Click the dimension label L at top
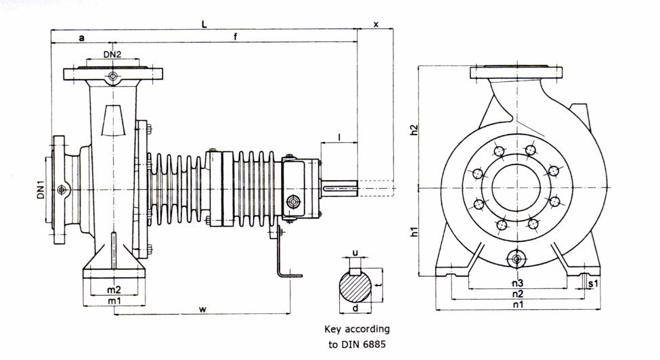click(x=204, y=24)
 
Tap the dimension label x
click(x=376, y=24)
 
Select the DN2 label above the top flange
click(x=112, y=54)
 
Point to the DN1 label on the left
click(x=41, y=189)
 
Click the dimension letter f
click(x=236, y=37)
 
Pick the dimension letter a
click(x=82, y=38)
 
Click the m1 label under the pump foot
click(x=114, y=300)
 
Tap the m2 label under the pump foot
click(x=114, y=290)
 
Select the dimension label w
click(x=203, y=309)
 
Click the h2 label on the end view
click(x=414, y=129)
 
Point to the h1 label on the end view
click(x=414, y=231)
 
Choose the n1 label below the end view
click(x=518, y=304)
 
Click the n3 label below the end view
click(x=518, y=283)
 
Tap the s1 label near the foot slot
click(x=593, y=284)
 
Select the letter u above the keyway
click(x=355, y=253)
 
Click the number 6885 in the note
click(x=372, y=344)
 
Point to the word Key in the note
click(x=333, y=330)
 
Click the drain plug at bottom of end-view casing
click(x=516, y=258)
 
